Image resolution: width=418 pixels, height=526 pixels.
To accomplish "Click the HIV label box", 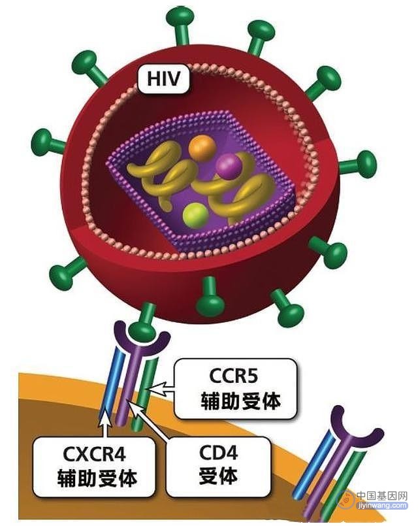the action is click(x=164, y=79).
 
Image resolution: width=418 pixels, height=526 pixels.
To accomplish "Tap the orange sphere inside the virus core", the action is click(x=202, y=148).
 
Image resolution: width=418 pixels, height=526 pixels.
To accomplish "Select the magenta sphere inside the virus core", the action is click(x=229, y=165).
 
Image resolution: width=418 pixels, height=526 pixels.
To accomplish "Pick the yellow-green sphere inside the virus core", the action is click(x=195, y=216).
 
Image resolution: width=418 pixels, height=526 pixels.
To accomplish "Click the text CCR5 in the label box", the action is click(x=234, y=376).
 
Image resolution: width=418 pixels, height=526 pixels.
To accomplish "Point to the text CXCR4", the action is click(x=94, y=455).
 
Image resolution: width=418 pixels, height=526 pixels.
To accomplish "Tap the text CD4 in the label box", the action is click(x=219, y=453).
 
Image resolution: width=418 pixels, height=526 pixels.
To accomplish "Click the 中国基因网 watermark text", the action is click(x=381, y=496).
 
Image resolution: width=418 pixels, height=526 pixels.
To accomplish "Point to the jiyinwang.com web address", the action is click(x=383, y=505).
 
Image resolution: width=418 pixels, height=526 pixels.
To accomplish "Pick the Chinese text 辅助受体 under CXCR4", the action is click(x=97, y=478).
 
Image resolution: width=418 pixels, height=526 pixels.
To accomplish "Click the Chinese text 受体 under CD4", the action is click(x=219, y=476).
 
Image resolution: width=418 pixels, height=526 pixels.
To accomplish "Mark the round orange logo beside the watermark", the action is click(x=346, y=499).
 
